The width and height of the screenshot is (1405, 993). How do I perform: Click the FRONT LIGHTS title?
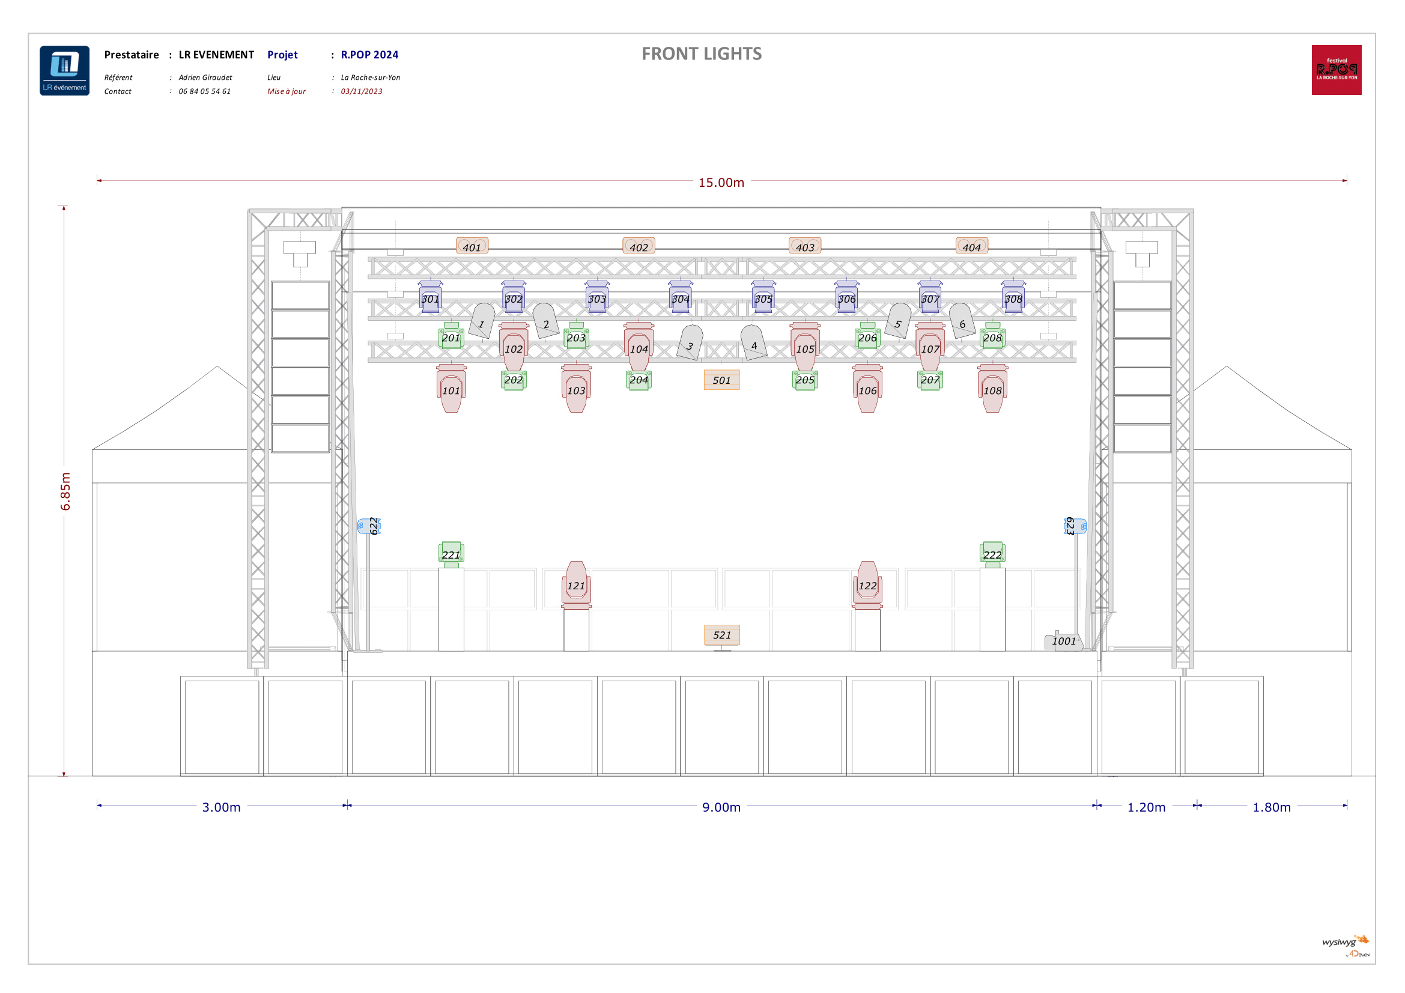point(701,54)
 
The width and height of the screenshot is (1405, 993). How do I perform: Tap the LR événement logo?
point(64,70)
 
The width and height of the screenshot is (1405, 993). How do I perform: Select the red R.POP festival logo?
point(1337,70)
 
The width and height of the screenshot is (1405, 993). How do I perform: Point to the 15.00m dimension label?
point(721,183)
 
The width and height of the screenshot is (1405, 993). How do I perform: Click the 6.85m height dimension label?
point(65,491)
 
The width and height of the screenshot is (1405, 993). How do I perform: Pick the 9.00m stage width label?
point(721,807)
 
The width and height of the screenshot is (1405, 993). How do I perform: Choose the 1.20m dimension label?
point(1146,807)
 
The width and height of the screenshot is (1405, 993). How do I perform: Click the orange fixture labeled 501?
point(721,380)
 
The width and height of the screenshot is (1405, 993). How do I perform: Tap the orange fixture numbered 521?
point(721,635)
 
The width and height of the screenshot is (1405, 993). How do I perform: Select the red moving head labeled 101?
point(451,389)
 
